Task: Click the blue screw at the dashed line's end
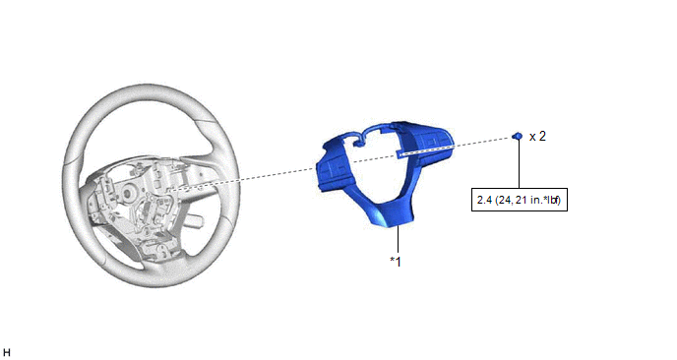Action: [518, 136]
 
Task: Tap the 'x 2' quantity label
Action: [537, 137]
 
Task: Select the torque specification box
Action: [519, 200]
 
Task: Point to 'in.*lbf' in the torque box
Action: [545, 200]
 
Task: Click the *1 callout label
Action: [396, 262]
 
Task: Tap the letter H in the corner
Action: [7, 353]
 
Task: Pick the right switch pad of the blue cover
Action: [430, 143]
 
